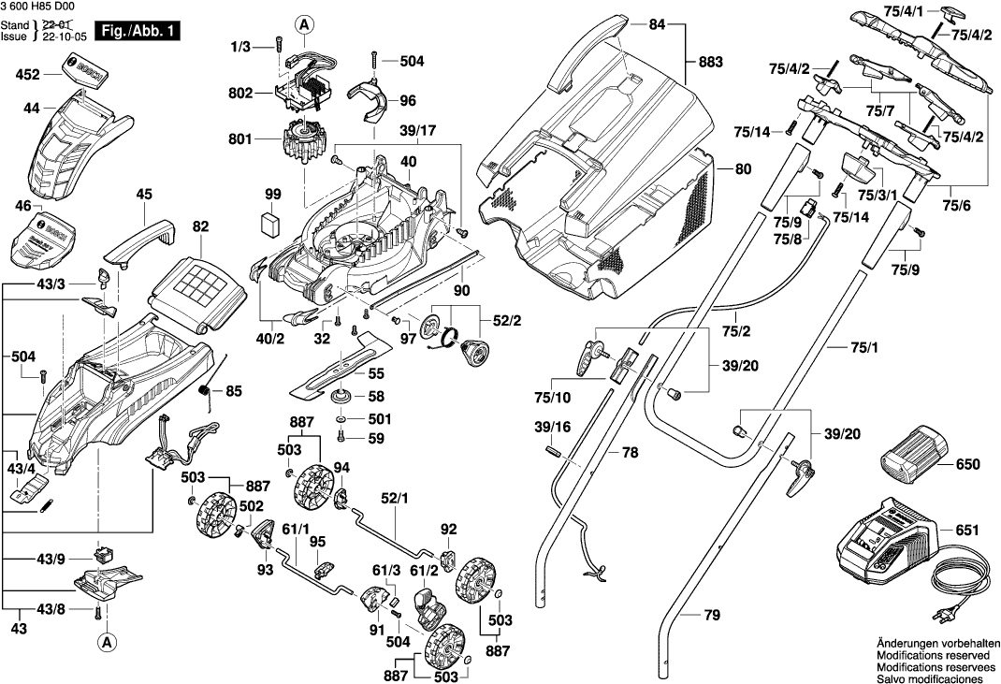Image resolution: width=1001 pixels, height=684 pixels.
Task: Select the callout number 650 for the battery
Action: [x=967, y=463]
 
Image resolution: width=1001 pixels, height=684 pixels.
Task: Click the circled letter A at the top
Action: [x=304, y=27]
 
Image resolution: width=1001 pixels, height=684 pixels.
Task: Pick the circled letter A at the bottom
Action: [x=108, y=642]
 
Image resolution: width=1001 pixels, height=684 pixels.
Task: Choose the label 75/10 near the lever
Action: [x=552, y=396]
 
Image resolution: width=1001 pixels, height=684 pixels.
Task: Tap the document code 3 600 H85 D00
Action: [x=38, y=7]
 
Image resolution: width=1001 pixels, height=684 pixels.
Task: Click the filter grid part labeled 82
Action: [x=200, y=293]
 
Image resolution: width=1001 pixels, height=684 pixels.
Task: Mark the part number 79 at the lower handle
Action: [x=688, y=616]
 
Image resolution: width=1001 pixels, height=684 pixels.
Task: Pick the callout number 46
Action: [x=23, y=204]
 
